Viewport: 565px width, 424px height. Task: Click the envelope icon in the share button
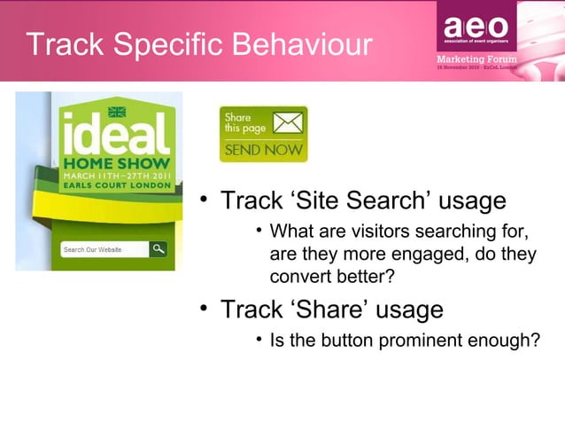(286, 123)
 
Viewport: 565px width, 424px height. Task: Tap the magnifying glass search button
(159, 249)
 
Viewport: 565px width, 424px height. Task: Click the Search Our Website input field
(103, 249)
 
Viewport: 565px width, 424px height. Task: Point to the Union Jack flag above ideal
(116, 113)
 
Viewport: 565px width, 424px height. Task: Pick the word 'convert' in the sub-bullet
(298, 278)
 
